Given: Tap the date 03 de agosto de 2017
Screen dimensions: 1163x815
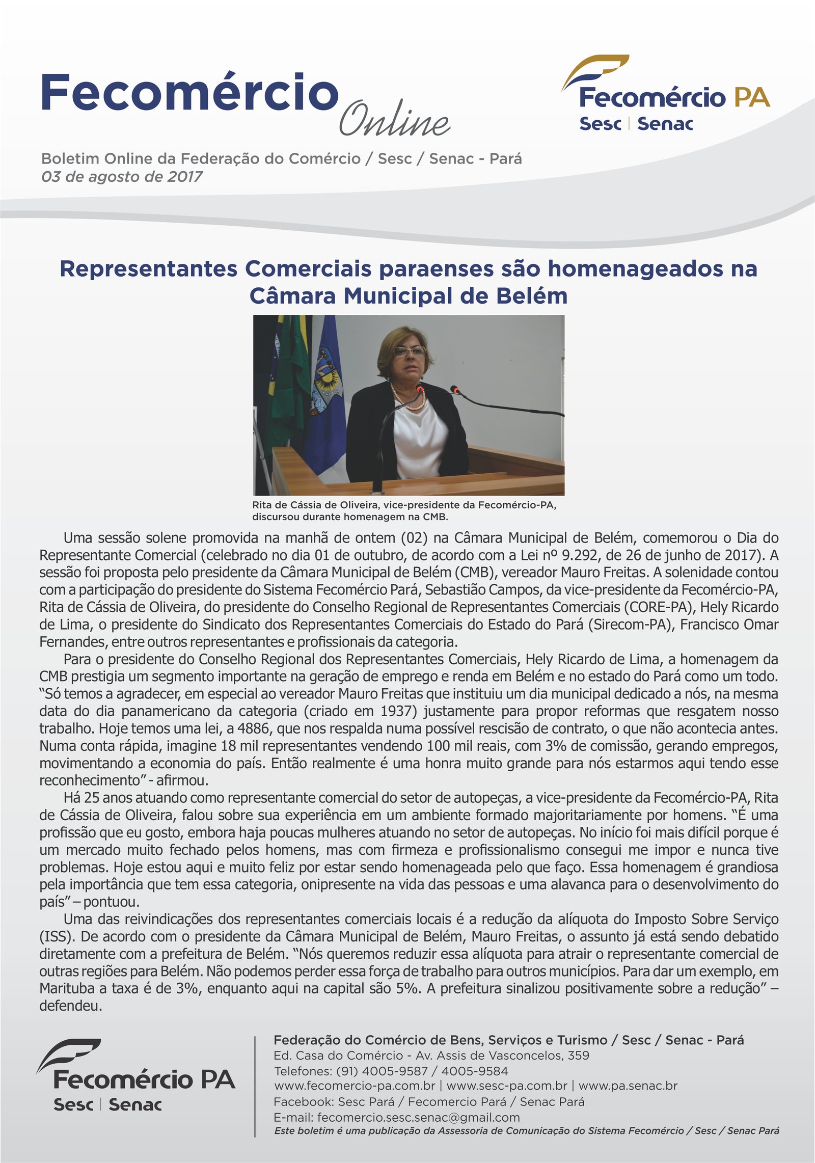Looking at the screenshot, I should (122, 177).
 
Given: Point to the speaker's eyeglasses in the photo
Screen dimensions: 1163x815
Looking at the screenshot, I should (410, 351).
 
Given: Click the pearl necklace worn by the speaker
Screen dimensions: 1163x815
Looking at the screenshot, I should (411, 402).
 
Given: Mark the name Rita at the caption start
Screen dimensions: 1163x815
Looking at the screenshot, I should (263, 505).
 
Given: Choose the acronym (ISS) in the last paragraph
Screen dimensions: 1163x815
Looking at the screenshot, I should (57, 936).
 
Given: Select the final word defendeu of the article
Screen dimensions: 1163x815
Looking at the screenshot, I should (71, 1006).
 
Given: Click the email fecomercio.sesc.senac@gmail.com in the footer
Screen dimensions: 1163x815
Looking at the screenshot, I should (418, 1117).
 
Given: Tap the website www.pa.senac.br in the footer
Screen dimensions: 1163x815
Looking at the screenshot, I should (628, 1086).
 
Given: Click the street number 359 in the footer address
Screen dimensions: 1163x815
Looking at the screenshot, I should (578, 1055).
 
